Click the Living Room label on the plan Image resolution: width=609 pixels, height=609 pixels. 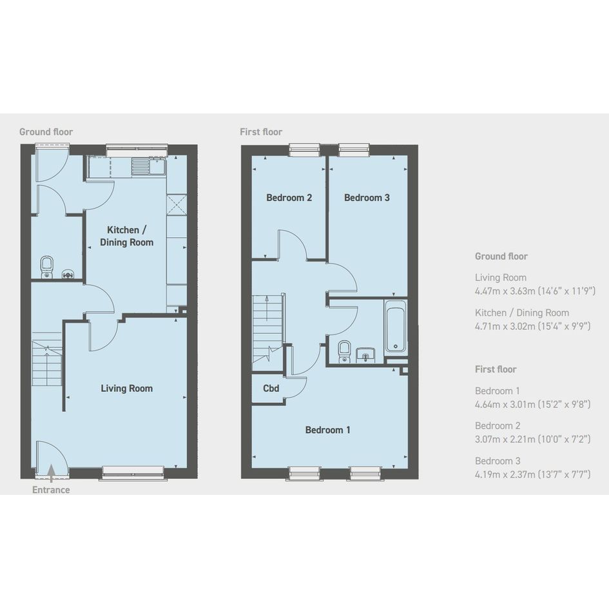point(126,389)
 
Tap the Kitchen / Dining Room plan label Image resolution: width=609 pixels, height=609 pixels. point(126,236)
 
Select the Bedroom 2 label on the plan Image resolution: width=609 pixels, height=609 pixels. point(289,198)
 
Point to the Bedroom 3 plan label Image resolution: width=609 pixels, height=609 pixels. point(367,198)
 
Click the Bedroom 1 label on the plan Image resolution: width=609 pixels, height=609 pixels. point(328,430)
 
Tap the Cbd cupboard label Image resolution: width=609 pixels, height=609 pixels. point(271,389)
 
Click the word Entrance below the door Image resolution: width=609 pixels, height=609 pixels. point(51,490)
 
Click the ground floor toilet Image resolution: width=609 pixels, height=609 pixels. point(46,267)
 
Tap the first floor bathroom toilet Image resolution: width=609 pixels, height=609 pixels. point(344,352)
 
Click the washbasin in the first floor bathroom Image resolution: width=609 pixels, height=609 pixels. point(365,355)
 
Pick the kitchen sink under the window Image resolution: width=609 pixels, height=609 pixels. point(149,167)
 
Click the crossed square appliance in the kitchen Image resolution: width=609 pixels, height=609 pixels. point(177,204)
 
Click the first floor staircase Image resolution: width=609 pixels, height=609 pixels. point(267,329)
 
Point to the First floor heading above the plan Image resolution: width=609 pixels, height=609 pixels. point(261,132)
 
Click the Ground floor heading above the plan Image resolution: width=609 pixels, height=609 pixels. point(46,132)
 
